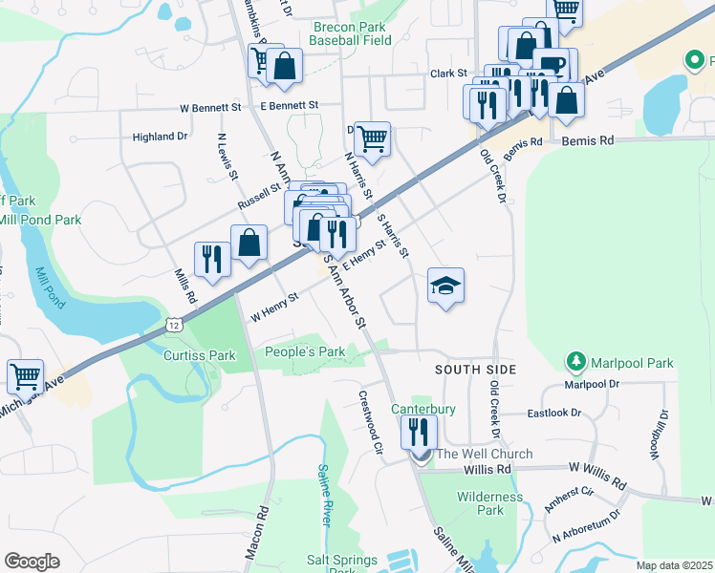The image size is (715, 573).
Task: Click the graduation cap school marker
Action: (x=445, y=286)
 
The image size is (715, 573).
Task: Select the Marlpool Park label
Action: (x=632, y=363)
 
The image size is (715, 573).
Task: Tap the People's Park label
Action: (x=305, y=352)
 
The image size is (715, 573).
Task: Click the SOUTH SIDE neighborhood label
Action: (x=475, y=370)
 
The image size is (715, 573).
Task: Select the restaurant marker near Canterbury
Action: (x=419, y=432)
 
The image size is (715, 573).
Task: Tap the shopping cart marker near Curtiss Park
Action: (x=26, y=375)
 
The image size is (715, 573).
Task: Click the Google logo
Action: (x=32, y=561)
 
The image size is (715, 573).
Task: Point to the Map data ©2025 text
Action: (x=673, y=565)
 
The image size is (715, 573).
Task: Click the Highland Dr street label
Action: (x=160, y=137)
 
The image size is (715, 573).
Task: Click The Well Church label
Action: (x=484, y=454)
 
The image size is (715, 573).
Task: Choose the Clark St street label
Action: (x=447, y=74)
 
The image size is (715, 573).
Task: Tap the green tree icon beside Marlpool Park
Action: (x=576, y=362)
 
